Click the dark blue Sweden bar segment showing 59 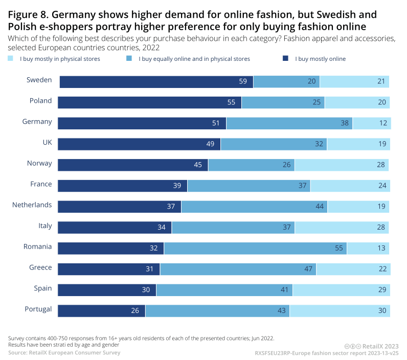point(156,82)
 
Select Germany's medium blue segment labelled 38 point(289,123)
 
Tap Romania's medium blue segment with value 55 point(255,249)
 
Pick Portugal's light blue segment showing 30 point(340,311)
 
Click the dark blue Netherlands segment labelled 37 point(119,207)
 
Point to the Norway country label point(39,163)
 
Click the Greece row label point(40,267)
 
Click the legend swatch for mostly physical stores point(11,59)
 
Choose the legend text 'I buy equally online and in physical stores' point(194,59)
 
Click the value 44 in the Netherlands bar point(320,207)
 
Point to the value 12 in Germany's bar point(382,123)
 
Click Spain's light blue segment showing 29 point(342,290)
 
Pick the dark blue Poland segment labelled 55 point(149,102)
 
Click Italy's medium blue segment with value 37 point(233,228)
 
